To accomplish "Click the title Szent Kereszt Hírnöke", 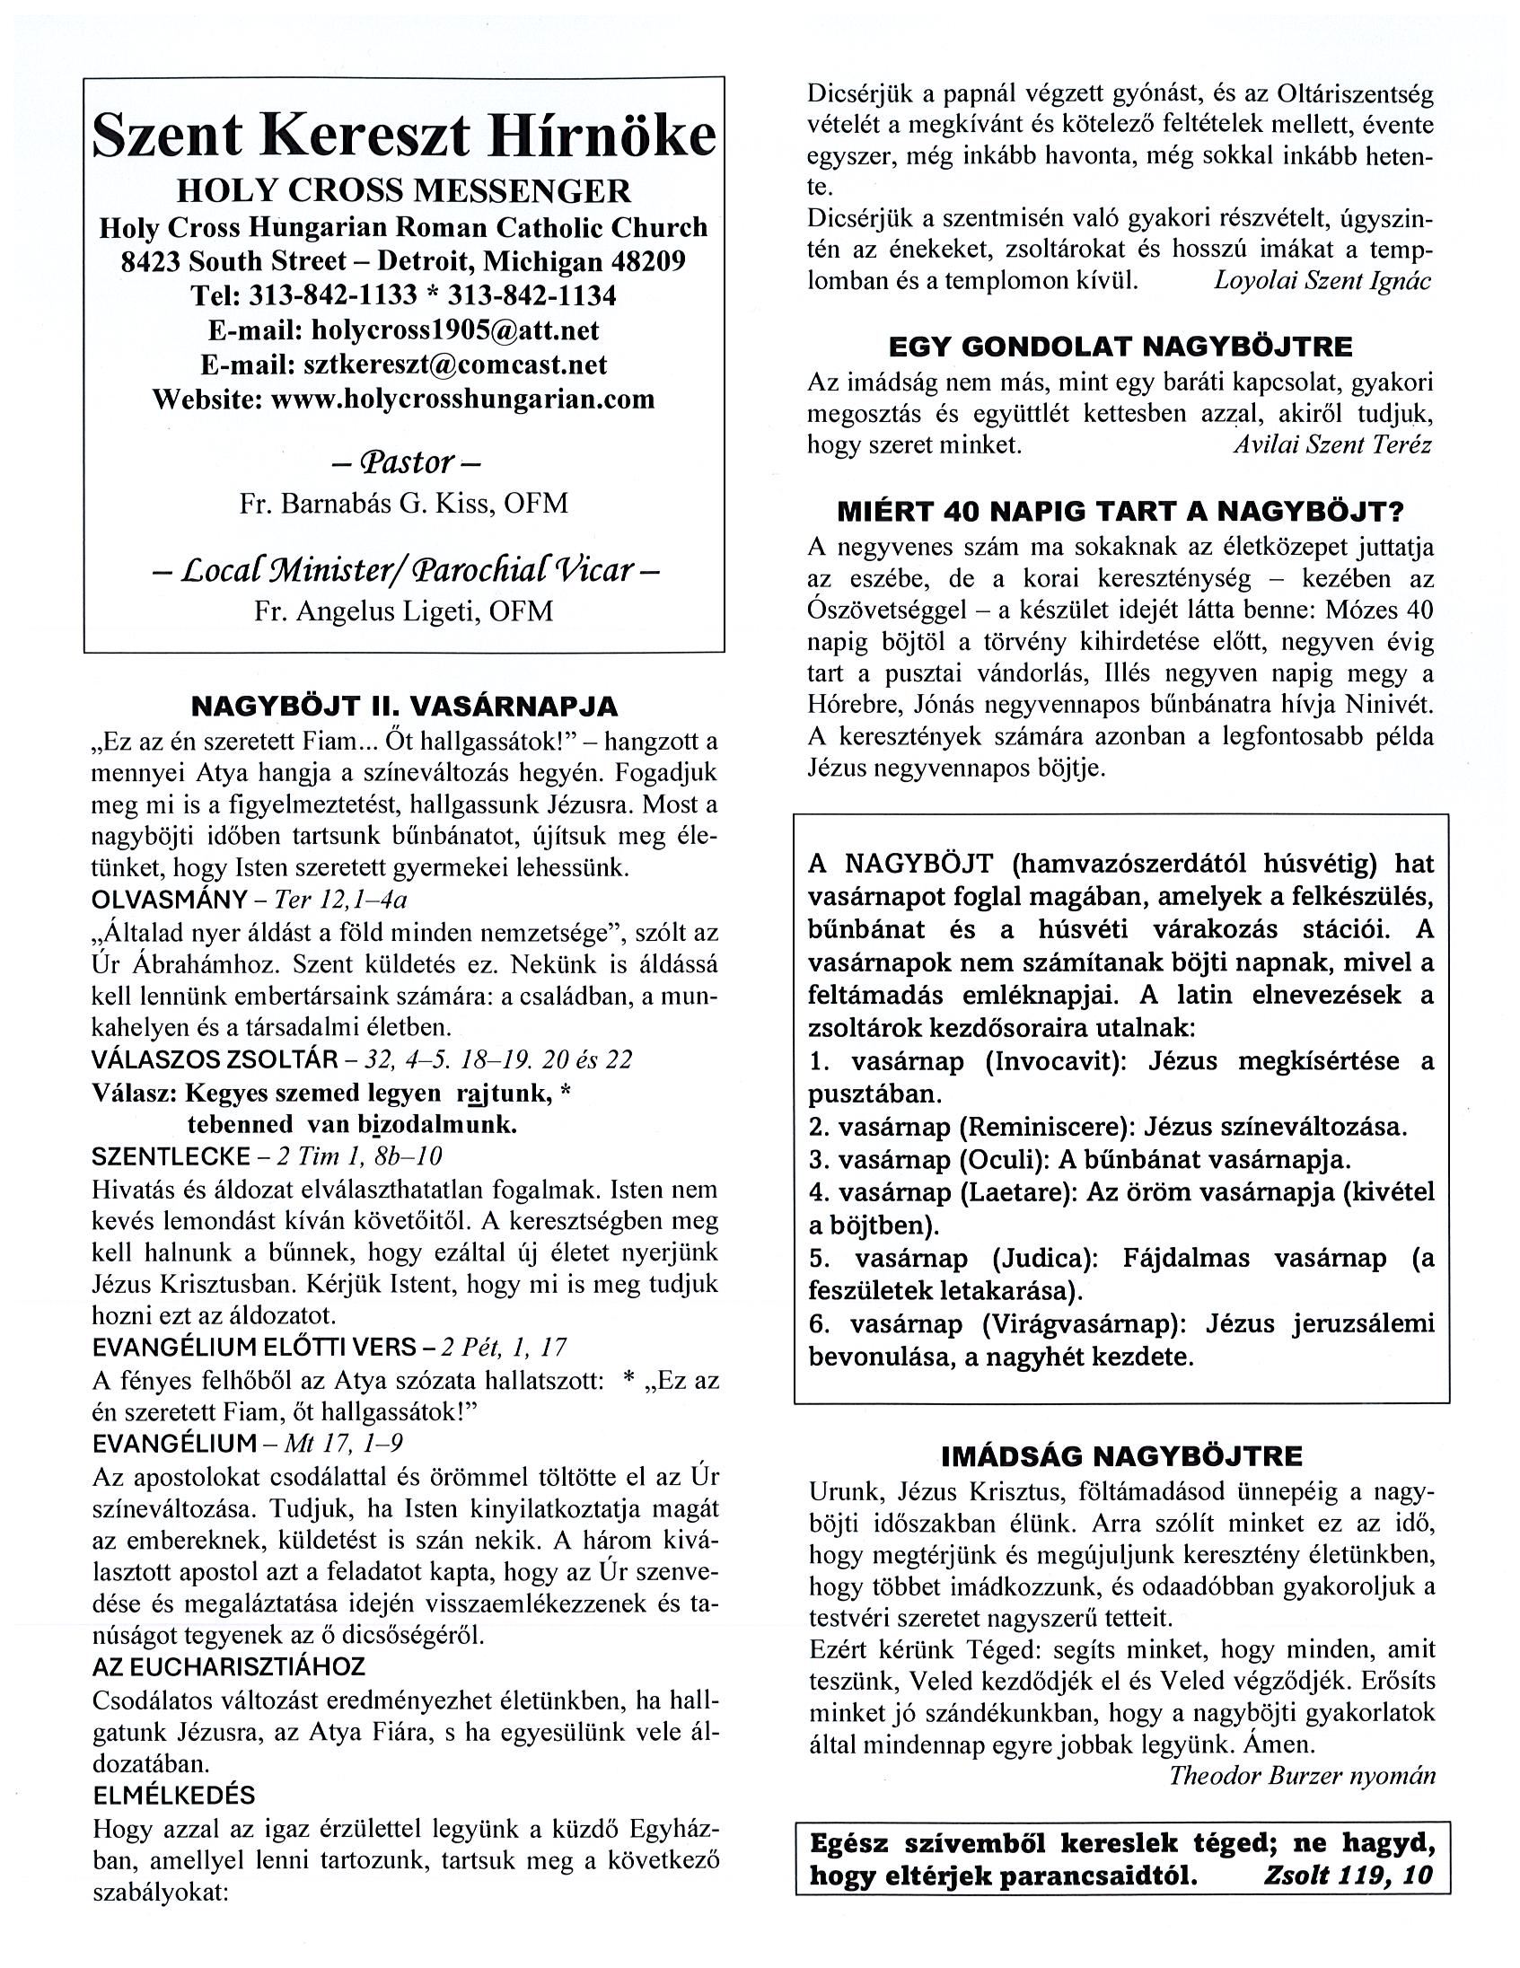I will pos(404,136).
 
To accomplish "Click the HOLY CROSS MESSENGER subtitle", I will pos(404,191).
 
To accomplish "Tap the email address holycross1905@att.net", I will pos(454,329).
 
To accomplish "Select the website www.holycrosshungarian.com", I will pos(462,399).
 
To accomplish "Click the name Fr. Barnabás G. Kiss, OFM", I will pos(404,503).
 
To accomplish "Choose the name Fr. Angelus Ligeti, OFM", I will pos(404,611).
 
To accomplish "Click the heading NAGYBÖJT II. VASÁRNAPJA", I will pos(404,706).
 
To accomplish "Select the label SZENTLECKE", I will pos(171,1156).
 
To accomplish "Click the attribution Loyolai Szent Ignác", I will pos(1322,280).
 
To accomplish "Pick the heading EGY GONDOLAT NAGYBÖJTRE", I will pos(1120,347).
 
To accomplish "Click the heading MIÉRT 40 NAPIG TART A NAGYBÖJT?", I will pos(1120,512).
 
